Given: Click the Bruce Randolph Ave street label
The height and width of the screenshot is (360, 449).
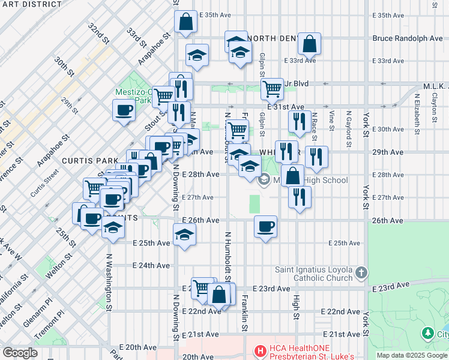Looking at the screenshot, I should point(407,38).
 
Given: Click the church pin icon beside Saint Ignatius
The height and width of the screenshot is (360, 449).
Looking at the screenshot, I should point(361,274).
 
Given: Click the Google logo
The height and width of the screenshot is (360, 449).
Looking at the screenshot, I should point(20,352).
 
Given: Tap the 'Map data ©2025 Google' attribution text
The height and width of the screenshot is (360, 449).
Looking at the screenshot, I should point(412,355).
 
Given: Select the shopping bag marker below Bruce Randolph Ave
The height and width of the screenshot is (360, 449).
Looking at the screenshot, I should point(310,43).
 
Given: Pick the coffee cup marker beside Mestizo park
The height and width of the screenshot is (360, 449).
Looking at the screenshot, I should point(124,110).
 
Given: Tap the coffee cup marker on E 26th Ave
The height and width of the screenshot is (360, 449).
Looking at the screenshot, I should point(265,227).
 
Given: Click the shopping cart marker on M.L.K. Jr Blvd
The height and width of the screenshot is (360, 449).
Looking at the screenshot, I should point(273,89).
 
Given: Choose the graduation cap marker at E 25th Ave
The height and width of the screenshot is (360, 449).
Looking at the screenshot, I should point(185,235).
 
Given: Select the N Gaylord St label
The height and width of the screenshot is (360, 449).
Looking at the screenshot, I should point(348,128).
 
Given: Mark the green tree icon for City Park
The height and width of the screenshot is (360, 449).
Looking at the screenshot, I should point(427,332).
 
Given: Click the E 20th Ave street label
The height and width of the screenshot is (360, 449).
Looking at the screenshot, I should point(124,347).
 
